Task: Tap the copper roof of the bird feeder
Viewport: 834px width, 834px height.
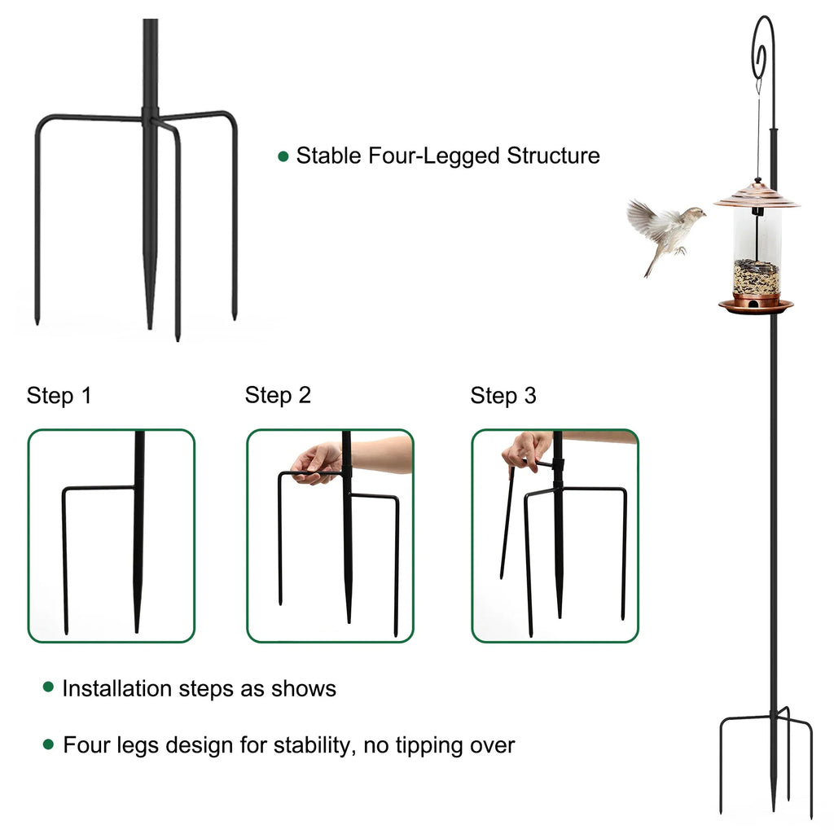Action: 757,195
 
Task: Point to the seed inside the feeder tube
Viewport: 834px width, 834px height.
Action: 757,277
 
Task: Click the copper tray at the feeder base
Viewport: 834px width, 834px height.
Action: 756,305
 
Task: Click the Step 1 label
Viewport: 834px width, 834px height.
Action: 59,397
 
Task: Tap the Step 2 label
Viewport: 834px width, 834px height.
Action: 278,396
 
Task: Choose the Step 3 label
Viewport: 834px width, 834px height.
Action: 503,397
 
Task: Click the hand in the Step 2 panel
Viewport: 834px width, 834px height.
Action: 318,462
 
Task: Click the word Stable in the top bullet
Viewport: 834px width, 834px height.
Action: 328,156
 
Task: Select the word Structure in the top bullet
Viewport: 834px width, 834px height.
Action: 553,156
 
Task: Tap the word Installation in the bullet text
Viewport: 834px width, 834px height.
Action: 117,688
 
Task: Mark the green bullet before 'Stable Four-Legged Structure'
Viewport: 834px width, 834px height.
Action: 283,156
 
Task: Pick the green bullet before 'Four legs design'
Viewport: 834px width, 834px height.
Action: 49,744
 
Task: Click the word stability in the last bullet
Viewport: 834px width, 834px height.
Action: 310,744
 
